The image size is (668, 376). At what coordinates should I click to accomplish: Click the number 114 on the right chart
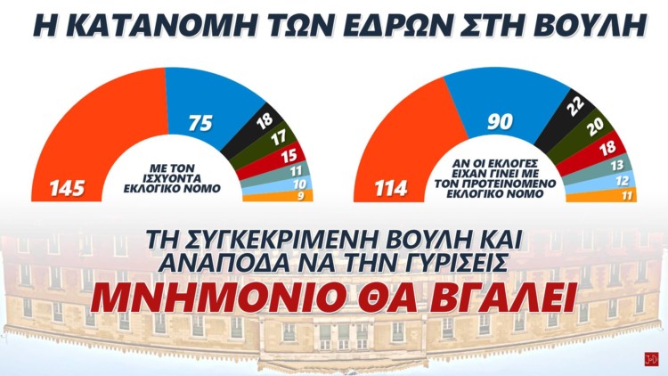(389, 189)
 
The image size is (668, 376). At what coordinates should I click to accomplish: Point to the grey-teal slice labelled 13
(615, 167)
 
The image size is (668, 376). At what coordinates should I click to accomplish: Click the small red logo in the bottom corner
(651, 360)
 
